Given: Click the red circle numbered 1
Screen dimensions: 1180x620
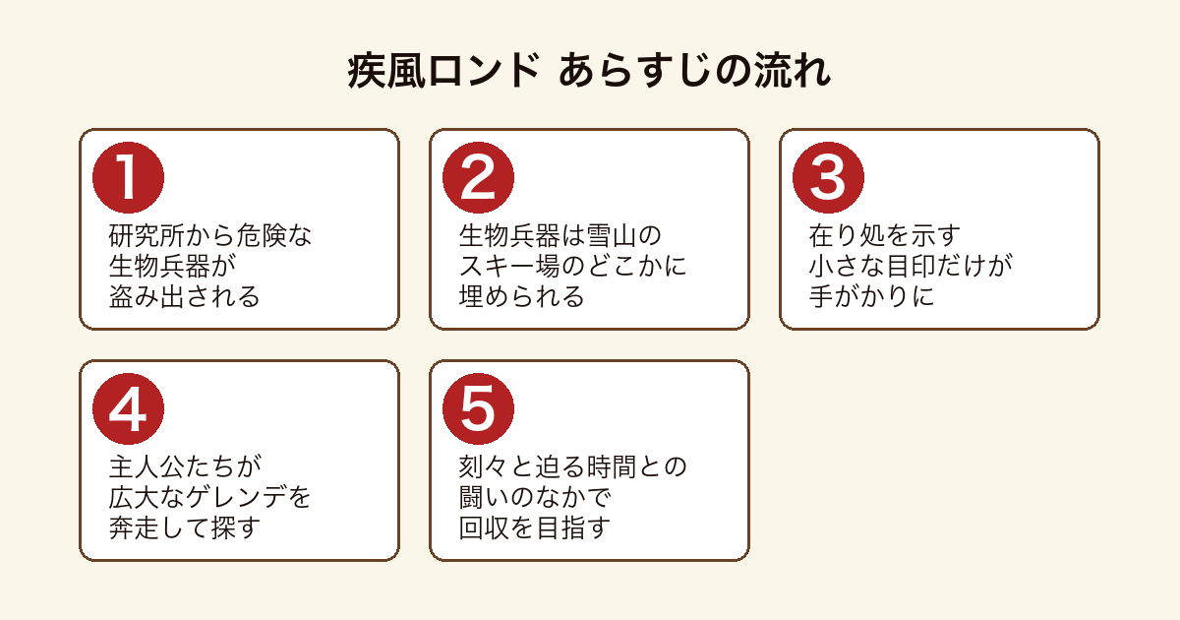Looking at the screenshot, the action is (x=128, y=178).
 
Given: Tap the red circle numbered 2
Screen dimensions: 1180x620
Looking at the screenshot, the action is (x=478, y=178).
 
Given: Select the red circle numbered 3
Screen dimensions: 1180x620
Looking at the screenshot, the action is (x=828, y=178).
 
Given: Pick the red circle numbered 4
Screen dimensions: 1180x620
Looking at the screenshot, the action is (x=128, y=408).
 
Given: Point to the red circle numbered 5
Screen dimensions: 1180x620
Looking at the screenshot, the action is (x=478, y=408).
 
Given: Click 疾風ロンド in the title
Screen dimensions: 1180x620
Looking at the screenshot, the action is (x=443, y=71).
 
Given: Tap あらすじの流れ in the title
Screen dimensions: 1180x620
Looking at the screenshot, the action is (x=695, y=71).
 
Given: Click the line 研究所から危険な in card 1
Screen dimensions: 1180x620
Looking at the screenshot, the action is (x=210, y=235).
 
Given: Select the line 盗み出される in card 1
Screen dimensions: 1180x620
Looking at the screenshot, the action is (x=185, y=296).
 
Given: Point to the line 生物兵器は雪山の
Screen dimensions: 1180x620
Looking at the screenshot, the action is (x=560, y=235).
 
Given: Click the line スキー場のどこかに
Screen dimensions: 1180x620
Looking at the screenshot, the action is (x=573, y=266).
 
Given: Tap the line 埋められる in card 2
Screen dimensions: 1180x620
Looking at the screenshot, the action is (x=521, y=296).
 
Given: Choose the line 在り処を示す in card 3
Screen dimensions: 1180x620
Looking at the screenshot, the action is (x=885, y=235).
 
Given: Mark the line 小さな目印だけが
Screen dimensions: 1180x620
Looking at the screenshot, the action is (x=911, y=266).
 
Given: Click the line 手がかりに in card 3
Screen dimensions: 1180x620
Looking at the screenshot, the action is (x=872, y=296).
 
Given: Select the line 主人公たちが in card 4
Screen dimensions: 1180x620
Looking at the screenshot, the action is (x=185, y=466).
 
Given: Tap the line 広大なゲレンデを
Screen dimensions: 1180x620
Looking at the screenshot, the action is (x=210, y=497).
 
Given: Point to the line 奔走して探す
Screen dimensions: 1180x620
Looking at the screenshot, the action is (x=185, y=527).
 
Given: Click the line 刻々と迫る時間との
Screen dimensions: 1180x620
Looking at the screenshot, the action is (x=573, y=466).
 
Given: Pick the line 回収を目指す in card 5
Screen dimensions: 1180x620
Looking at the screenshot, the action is (x=535, y=527).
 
